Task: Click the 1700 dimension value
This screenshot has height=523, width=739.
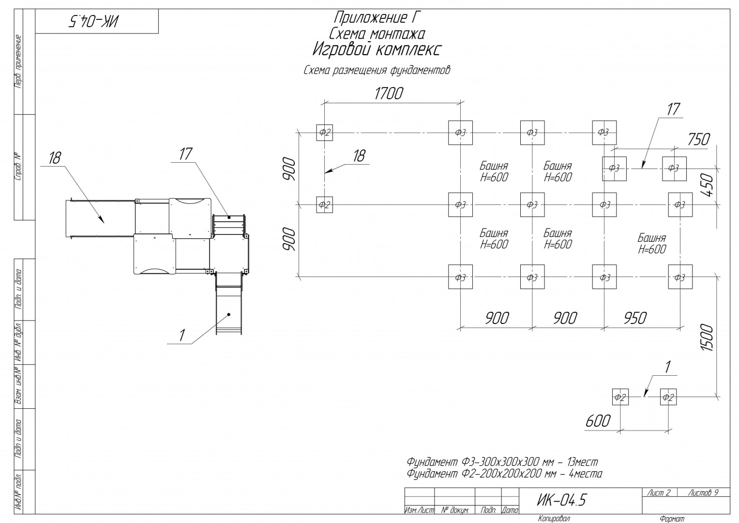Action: tap(389, 94)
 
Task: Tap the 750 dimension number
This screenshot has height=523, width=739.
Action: tap(698, 139)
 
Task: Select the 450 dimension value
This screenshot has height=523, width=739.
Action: tap(709, 185)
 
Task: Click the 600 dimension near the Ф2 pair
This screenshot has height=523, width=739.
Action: tap(598, 421)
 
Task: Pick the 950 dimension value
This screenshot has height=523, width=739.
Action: tap(635, 319)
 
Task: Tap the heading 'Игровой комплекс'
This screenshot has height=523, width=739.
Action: tap(377, 50)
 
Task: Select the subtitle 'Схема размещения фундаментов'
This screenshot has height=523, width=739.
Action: tap(377, 70)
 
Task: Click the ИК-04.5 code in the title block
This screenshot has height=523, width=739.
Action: tap(561, 500)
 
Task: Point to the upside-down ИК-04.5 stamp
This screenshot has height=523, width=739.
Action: tap(93, 21)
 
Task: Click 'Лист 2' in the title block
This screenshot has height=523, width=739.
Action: tap(659, 492)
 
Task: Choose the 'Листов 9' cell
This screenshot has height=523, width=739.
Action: tap(703, 492)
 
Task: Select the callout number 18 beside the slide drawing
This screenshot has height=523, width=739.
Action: tap(55, 158)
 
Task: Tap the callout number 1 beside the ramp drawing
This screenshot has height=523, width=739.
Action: tap(181, 336)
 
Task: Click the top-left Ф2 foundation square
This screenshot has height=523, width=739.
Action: tap(324, 132)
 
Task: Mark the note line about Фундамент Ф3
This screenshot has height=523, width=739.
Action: tap(502, 461)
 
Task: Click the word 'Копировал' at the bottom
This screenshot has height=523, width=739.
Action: tap(554, 518)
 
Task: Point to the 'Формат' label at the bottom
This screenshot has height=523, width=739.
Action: tap(672, 519)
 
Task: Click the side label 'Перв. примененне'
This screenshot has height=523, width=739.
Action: tap(18, 62)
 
